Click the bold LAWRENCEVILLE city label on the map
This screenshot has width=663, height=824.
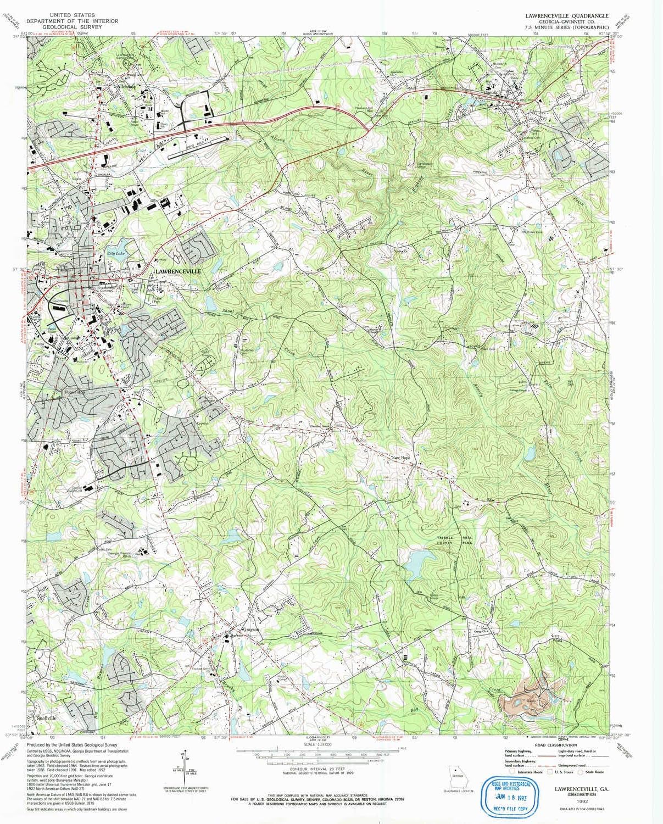click(x=179, y=271)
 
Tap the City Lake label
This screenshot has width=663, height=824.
click(x=116, y=253)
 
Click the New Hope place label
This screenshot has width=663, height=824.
click(x=400, y=457)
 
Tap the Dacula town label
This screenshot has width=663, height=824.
click(x=491, y=93)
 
